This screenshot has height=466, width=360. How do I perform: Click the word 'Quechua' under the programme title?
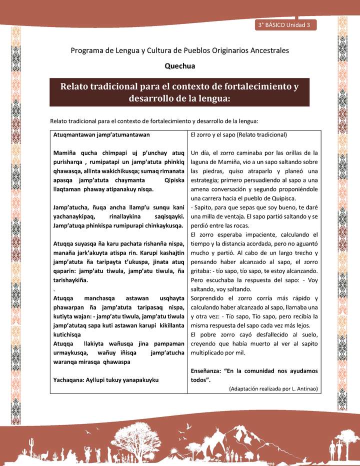(x=180, y=65)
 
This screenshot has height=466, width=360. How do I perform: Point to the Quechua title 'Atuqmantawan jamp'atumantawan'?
(x=101, y=134)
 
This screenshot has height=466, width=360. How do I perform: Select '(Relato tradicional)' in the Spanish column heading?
(x=264, y=134)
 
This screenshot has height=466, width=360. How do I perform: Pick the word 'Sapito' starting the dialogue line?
(x=203, y=206)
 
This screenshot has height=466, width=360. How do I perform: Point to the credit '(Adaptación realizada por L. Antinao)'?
(x=273, y=388)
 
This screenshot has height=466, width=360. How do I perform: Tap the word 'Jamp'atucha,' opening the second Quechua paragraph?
(x=71, y=206)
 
